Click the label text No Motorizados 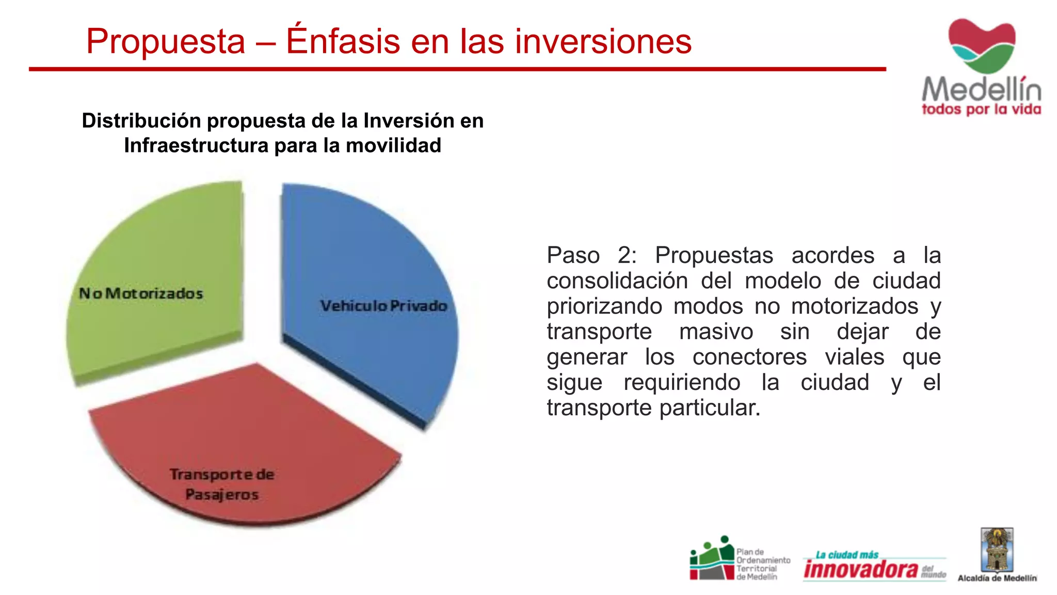click(141, 293)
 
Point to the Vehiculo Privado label click(383, 306)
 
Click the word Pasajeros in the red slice click(222, 494)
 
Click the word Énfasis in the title click(343, 41)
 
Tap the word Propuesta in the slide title click(165, 41)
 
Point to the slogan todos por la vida click(981, 109)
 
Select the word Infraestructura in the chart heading click(196, 146)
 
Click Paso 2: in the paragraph click(591, 255)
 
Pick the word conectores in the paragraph click(749, 357)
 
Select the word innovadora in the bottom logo click(861, 569)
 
